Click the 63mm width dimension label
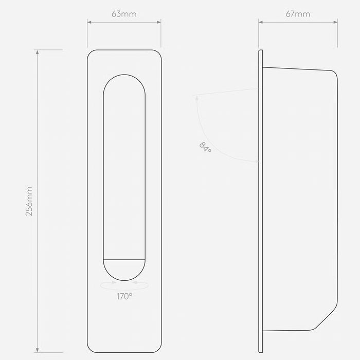124,14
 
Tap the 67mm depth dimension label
298,14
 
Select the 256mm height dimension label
29,201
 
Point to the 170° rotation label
124,296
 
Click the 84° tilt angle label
205,147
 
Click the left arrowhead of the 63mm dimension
89,22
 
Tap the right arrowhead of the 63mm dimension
158,22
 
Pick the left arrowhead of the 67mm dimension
261,22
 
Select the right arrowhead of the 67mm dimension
335,22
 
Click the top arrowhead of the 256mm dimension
38,52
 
